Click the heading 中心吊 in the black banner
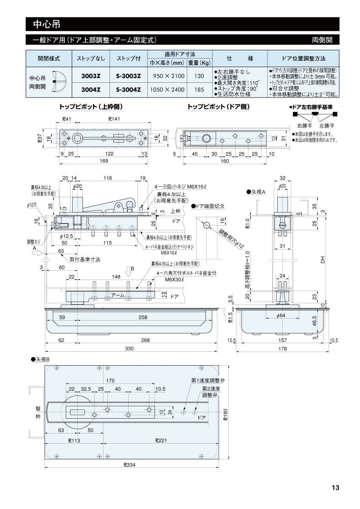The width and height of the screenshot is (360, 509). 43,24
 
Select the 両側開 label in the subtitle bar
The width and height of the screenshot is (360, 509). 322,40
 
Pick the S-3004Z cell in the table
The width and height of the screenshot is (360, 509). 128,89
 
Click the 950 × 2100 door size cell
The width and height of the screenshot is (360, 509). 166,77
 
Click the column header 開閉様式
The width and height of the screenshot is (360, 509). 48,59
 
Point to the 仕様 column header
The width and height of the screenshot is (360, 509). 240,59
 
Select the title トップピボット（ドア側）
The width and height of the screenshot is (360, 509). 219,107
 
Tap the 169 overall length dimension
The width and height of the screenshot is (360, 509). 103,161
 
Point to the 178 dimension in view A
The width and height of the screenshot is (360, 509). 282,349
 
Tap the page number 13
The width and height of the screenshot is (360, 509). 335,488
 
